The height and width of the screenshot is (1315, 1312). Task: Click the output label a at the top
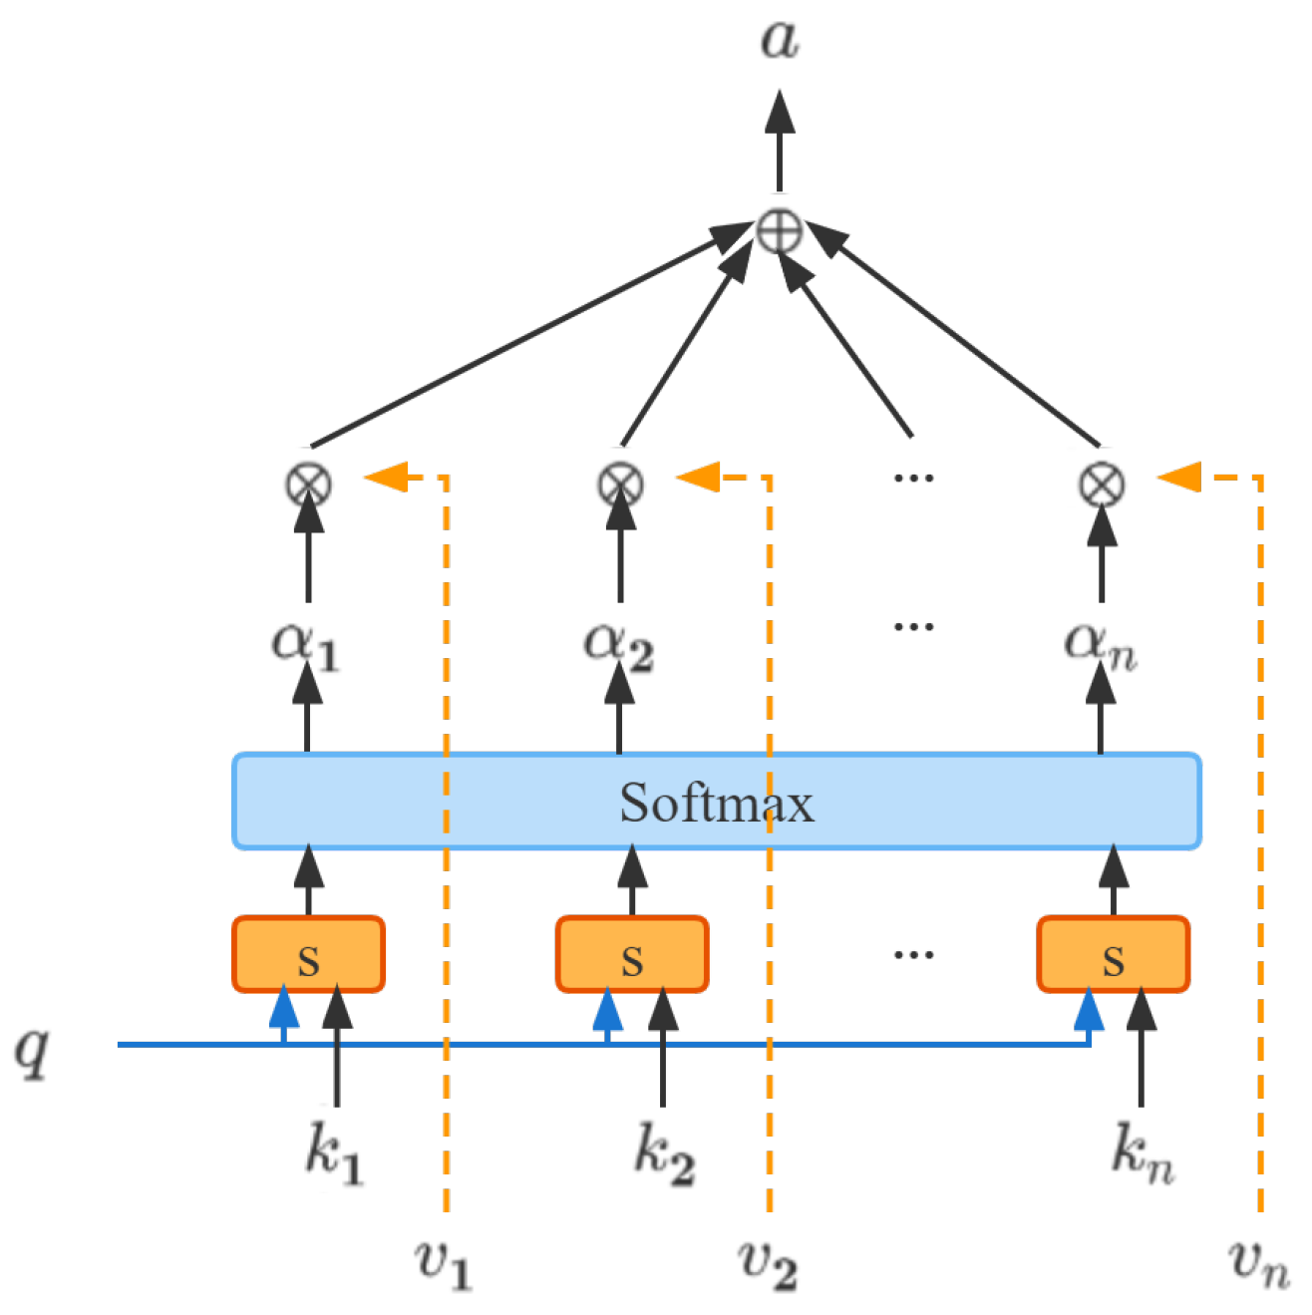pyautogui.click(x=779, y=40)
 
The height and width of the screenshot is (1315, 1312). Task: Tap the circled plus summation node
pyautogui.click(x=779, y=232)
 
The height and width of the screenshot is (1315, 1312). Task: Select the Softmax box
pyautogui.click(x=716, y=802)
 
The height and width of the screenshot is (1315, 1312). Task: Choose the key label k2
pyautogui.click(x=664, y=1155)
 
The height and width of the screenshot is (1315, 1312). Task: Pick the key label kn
pyautogui.click(x=1143, y=1155)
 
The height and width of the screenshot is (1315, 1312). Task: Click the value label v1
pyautogui.click(x=443, y=1264)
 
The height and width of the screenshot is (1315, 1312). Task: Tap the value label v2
pyautogui.click(x=768, y=1264)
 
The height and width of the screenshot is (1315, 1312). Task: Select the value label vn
pyautogui.click(x=1258, y=1264)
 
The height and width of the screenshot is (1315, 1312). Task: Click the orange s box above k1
pyautogui.click(x=308, y=955)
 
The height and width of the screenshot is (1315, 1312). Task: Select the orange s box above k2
pyautogui.click(x=632, y=955)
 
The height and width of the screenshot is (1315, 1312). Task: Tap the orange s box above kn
pyautogui.click(x=1114, y=955)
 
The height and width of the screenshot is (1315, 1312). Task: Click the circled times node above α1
pyautogui.click(x=308, y=486)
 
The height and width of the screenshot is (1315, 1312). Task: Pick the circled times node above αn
pyautogui.click(x=1102, y=486)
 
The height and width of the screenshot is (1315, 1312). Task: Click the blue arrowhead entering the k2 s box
pyautogui.click(x=607, y=1009)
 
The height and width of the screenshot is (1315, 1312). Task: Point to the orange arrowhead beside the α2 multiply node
pyautogui.click(x=698, y=478)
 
